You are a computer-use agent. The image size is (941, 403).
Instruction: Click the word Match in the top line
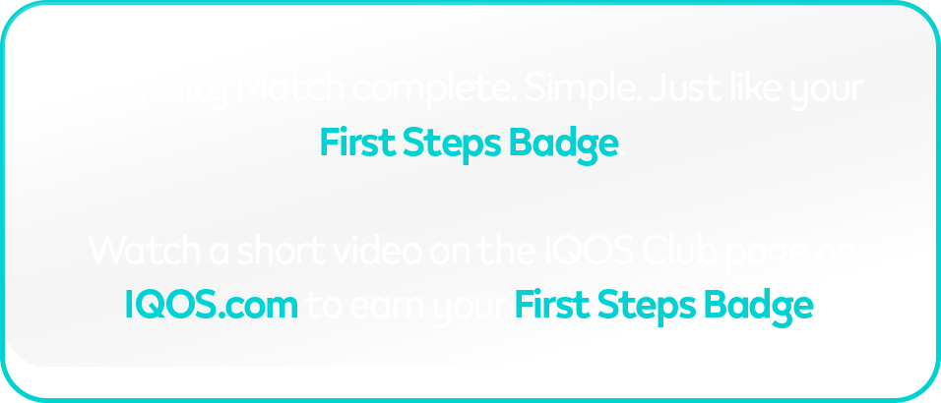[x=293, y=90]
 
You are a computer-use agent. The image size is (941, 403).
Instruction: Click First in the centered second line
[x=358, y=144]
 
